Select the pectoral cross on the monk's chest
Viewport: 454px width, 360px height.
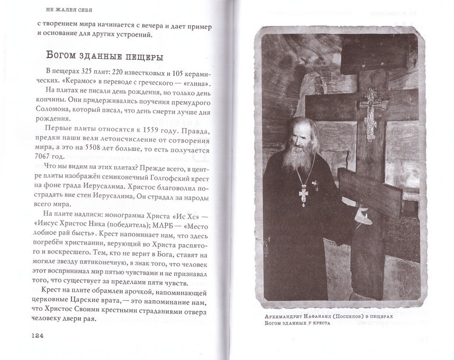pyautogui.click(x=304, y=194)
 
